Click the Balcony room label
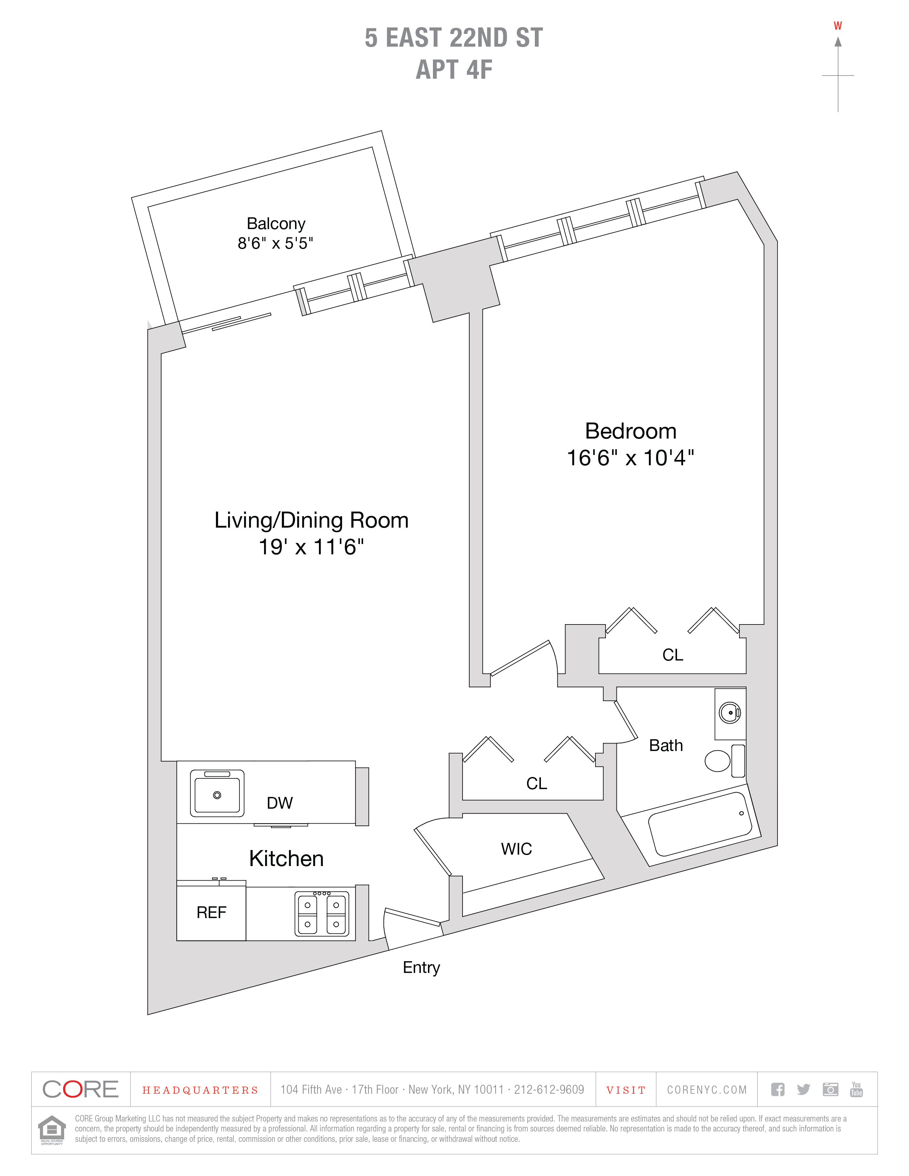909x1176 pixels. point(276,223)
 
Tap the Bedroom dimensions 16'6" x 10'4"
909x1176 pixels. point(630,458)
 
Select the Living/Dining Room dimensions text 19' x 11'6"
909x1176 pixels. point(311,547)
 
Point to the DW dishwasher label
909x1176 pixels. point(279,803)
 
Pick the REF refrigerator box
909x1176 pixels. point(211,912)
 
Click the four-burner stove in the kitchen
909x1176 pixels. point(321,914)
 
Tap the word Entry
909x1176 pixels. point(421,968)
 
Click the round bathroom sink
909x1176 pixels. point(730,713)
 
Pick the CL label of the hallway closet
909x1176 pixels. point(536,783)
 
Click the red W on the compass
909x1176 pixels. point(837,26)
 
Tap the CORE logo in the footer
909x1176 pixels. point(80,1090)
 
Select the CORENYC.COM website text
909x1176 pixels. point(707,1090)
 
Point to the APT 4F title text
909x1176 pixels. point(454,70)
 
